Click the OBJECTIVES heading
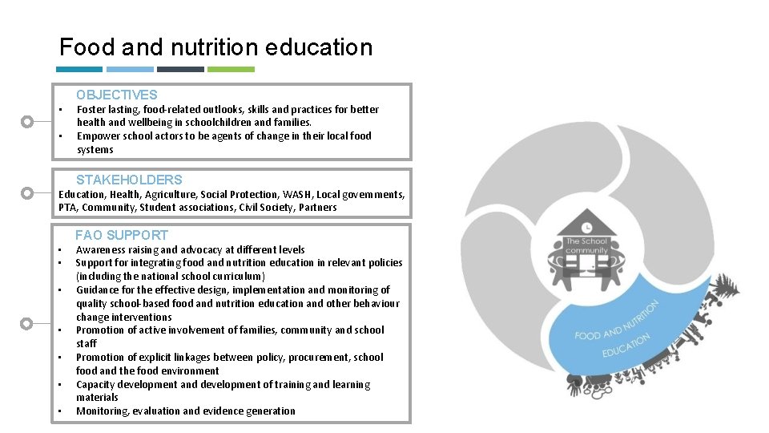(x=117, y=95)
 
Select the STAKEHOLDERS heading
(x=129, y=180)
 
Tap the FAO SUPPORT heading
(x=122, y=235)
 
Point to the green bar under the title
(x=231, y=70)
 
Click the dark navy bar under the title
(x=180, y=70)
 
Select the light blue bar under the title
(x=130, y=70)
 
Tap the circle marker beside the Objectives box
(x=27, y=122)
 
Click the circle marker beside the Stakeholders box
(x=27, y=193)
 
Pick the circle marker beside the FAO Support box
(x=27, y=323)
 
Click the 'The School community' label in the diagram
(x=587, y=245)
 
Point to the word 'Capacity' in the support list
(x=97, y=385)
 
